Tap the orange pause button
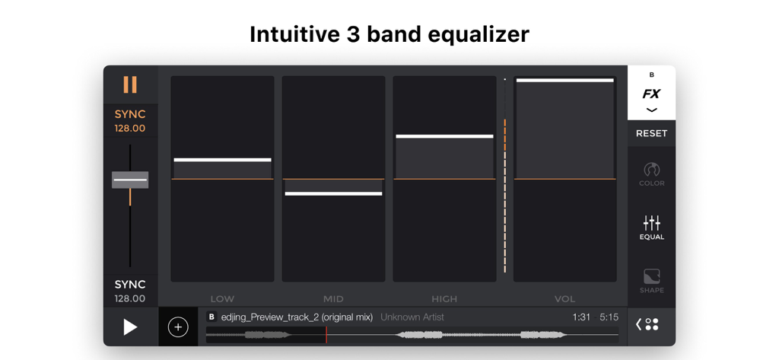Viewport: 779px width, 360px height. click(130, 84)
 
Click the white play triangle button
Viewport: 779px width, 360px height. click(130, 327)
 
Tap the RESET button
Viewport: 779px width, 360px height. click(651, 133)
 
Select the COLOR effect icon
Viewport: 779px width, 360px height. click(651, 174)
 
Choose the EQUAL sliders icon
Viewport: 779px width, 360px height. click(651, 227)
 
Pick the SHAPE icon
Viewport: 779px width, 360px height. click(651, 280)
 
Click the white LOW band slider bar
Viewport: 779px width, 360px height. click(222, 160)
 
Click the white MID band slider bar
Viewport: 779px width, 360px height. click(333, 194)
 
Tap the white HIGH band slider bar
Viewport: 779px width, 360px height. click(444, 137)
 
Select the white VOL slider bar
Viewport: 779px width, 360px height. click(564, 80)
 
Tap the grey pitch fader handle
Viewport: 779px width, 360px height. click(130, 180)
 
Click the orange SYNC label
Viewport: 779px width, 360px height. click(130, 114)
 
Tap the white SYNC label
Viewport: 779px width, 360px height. click(130, 285)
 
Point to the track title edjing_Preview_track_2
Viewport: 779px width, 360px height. click(297, 317)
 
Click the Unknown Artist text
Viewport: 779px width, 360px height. click(412, 317)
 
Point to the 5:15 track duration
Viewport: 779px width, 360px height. click(609, 317)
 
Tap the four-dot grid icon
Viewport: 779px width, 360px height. click(651, 324)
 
